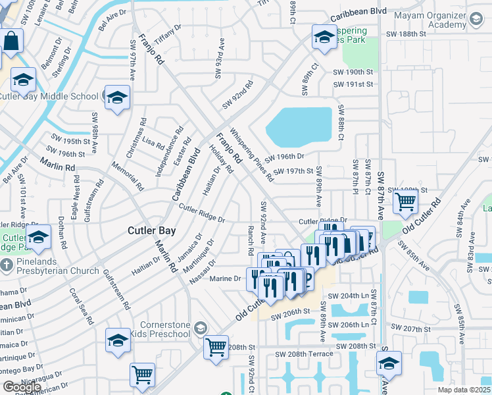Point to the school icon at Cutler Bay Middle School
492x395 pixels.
(117, 98)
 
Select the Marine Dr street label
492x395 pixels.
(225, 278)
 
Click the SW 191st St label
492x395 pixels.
(353, 84)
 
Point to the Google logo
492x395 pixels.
(22, 387)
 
